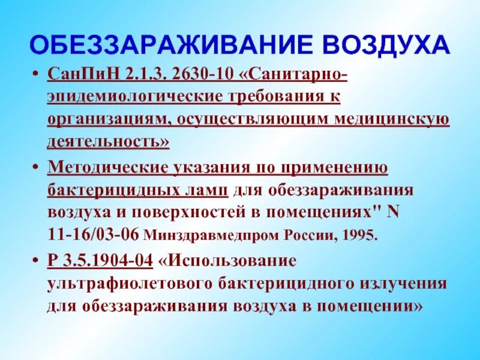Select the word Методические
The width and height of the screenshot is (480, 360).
pos(107,166)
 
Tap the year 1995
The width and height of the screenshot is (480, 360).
pos(361,235)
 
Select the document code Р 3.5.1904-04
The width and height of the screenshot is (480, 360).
pos(99,260)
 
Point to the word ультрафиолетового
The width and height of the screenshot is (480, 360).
pos(121,283)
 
